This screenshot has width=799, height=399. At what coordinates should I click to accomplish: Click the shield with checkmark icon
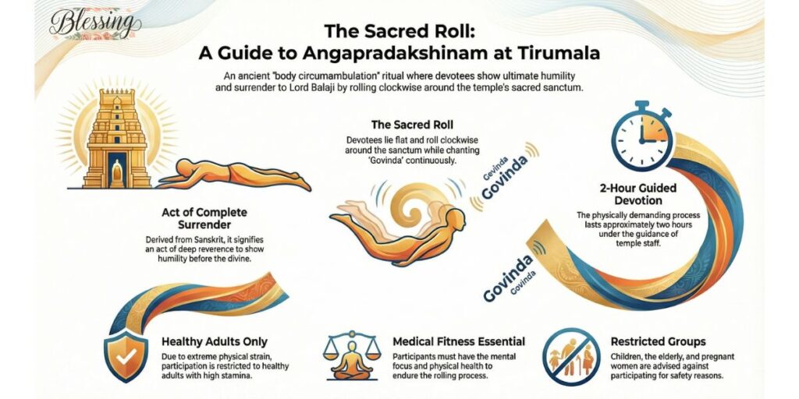tap(126, 355)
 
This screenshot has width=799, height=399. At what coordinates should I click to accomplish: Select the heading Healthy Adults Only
tap(215, 341)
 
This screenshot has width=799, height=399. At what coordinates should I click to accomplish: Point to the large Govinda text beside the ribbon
tap(506, 277)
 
